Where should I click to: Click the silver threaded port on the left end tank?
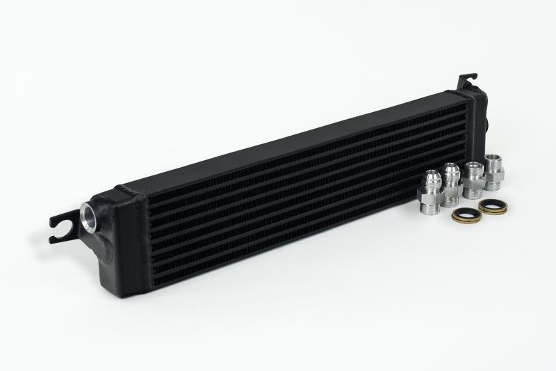coord(90,212)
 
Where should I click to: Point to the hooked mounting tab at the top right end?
coord(466,81)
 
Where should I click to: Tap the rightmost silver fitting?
coord(495,173)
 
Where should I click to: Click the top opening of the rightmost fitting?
coord(494,158)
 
